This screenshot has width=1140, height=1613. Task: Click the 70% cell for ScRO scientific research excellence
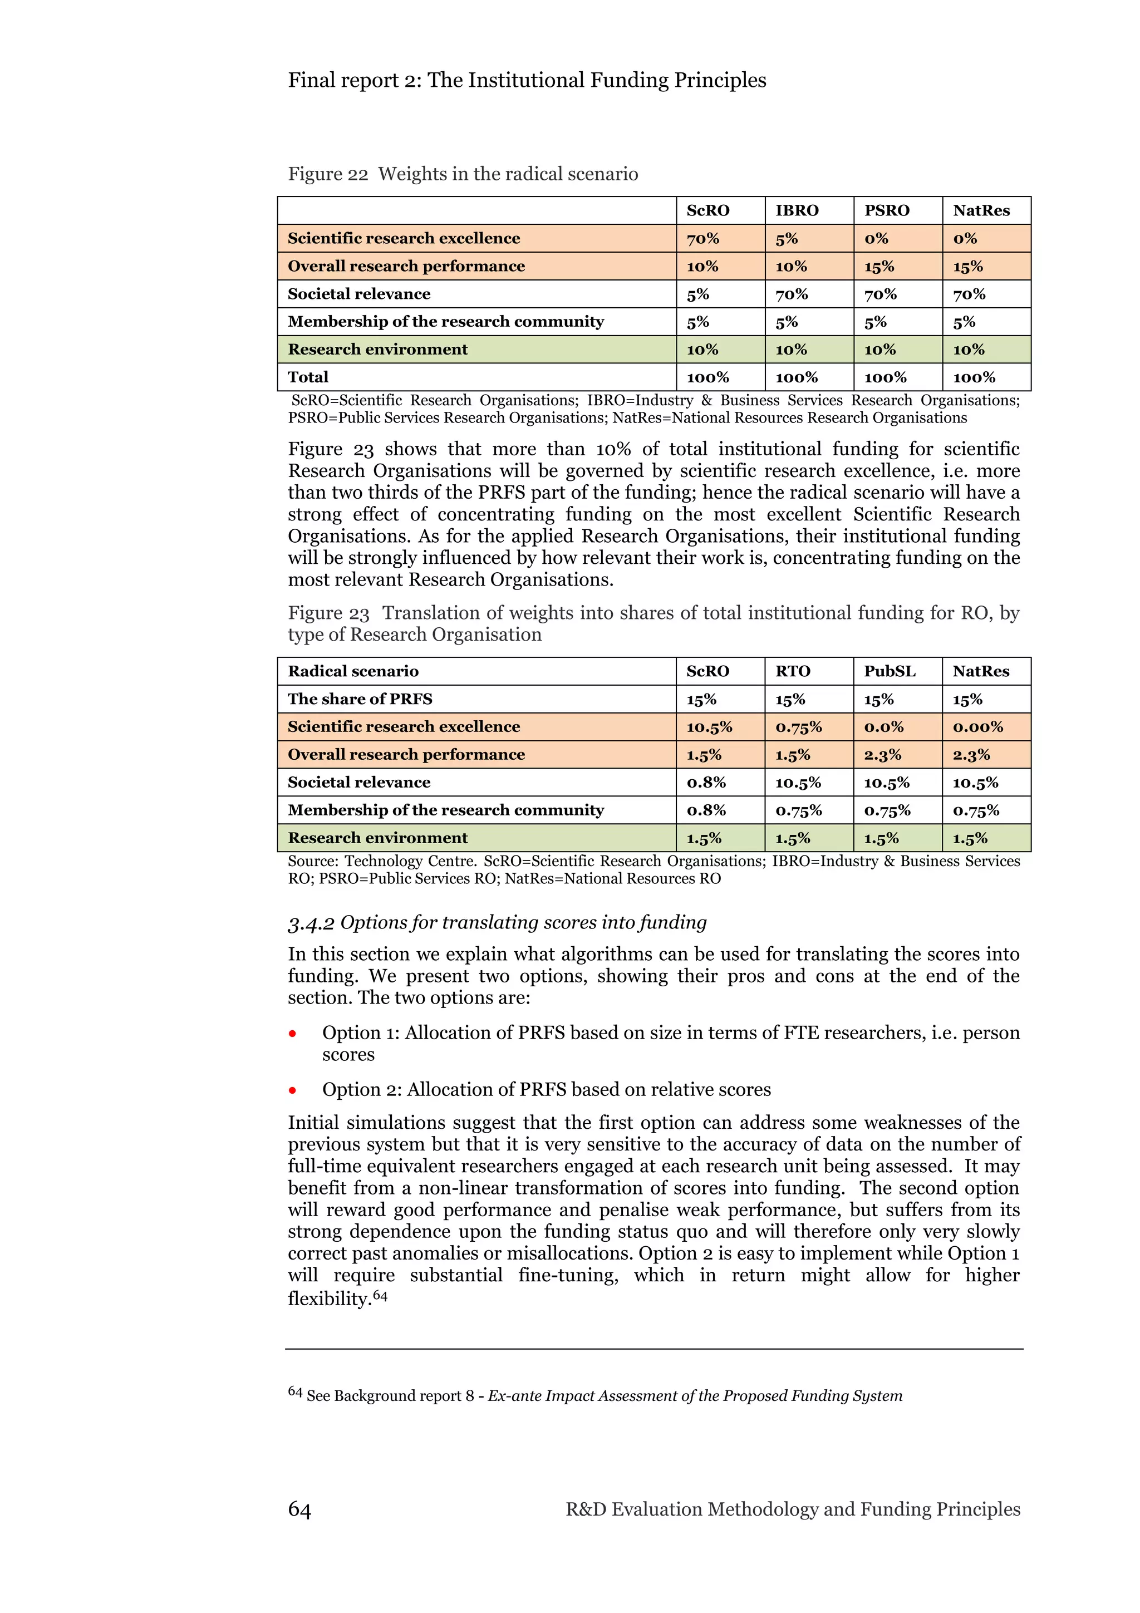(x=703, y=239)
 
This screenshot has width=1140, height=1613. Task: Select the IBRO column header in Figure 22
(x=797, y=211)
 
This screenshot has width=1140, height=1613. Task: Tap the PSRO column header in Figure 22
(x=886, y=211)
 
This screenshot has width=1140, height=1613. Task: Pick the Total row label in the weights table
(x=308, y=377)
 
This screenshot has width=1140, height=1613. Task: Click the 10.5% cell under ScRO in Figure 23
(x=709, y=727)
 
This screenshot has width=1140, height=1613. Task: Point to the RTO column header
(x=792, y=672)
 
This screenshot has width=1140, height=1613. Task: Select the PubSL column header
(x=890, y=672)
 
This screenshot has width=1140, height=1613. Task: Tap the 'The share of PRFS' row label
(x=360, y=699)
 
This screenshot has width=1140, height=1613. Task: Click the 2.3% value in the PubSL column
(x=882, y=755)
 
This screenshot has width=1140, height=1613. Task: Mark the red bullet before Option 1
(x=292, y=1034)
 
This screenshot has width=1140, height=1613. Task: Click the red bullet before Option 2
(x=292, y=1091)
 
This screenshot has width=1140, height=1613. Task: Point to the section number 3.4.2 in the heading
(x=311, y=924)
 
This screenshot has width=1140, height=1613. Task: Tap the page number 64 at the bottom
(x=299, y=1509)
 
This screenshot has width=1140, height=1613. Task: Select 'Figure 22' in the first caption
(x=327, y=174)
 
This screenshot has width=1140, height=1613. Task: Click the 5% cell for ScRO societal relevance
(x=697, y=294)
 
